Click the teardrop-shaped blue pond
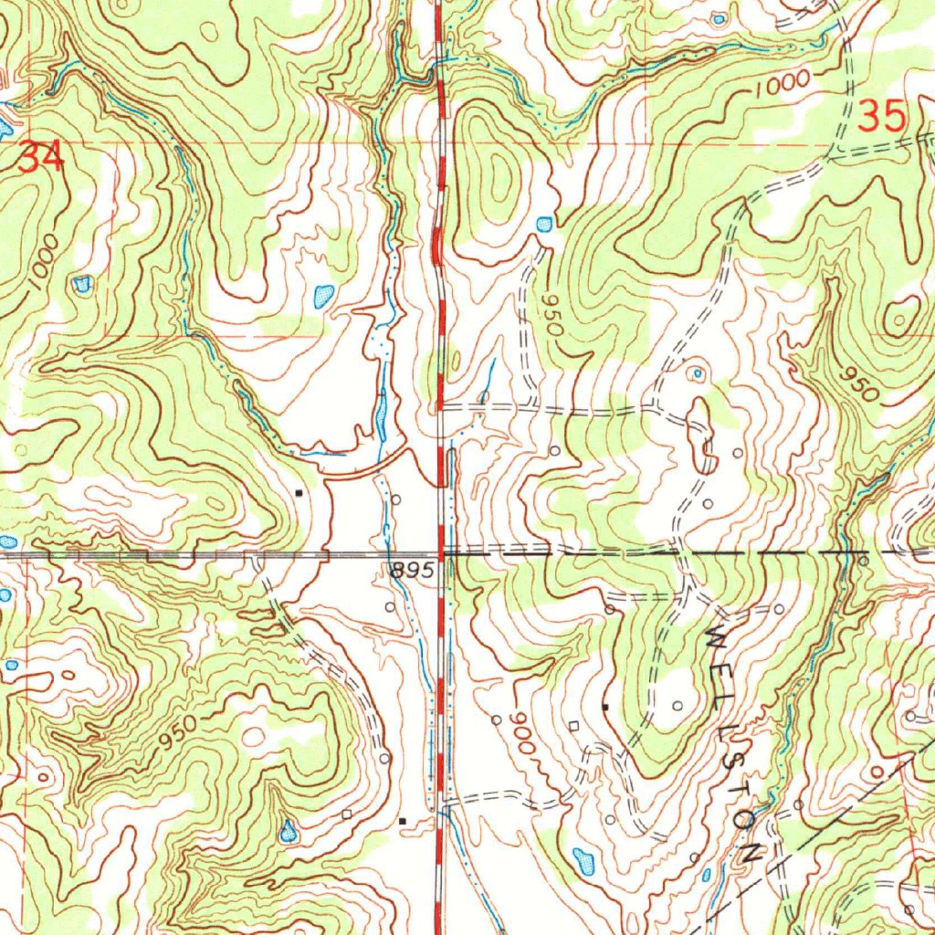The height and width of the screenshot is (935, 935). tap(289, 831)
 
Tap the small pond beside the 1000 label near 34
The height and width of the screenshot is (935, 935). tap(82, 285)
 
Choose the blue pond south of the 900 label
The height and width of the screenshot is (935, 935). tap(583, 859)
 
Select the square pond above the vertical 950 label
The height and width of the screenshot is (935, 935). tap(545, 223)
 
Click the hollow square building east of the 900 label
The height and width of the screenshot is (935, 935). tap(573, 726)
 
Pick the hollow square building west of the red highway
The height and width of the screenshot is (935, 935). tap(347, 813)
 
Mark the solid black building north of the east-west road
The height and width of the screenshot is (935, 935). tap(299, 493)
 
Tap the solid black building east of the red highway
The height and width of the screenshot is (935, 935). tap(604, 706)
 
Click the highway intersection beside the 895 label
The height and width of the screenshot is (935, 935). tap(441, 553)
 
